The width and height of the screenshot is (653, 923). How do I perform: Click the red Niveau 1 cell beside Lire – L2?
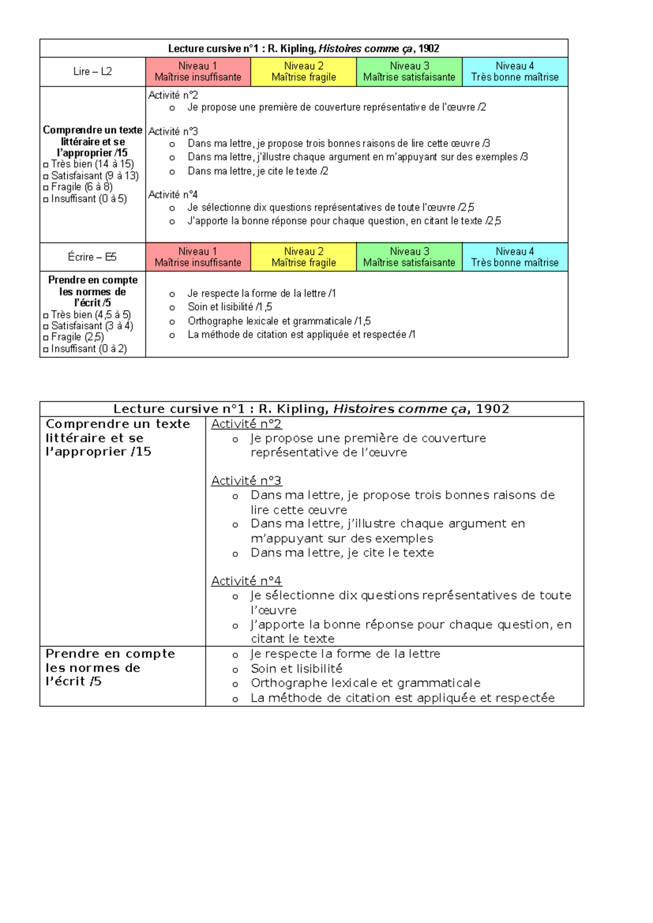pyautogui.click(x=198, y=72)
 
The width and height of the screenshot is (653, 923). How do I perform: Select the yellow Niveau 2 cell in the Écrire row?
pyautogui.click(x=304, y=257)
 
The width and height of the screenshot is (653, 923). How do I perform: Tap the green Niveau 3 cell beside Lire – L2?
pyautogui.click(x=409, y=72)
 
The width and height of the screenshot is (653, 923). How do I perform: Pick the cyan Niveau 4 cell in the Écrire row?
pyautogui.click(x=515, y=257)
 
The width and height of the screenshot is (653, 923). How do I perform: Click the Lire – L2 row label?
pyautogui.click(x=93, y=72)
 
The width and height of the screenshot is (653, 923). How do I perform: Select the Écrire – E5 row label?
pyautogui.click(x=93, y=257)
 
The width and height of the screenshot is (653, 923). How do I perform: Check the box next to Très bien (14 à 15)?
pyautogui.click(x=46, y=165)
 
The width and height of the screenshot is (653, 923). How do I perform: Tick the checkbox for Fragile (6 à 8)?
pyautogui.click(x=46, y=188)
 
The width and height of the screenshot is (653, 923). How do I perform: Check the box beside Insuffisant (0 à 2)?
pyautogui.click(x=46, y=349)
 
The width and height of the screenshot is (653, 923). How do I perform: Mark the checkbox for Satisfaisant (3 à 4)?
pyautogui.click(x=46, y=327)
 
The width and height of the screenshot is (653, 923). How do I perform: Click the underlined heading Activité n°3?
pyautogui.click(x=246, y=481)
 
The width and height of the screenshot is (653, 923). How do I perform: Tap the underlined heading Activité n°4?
pyautogui.click(x=246, y=581)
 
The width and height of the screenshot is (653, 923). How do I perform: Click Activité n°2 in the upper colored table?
pyautogui.click(x=173, y=95)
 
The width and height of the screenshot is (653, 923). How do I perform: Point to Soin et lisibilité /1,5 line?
pyautogui.click(x=230, y=307)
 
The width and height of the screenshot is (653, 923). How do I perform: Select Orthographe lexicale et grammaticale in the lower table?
pyautogui.click(x=365, y=683)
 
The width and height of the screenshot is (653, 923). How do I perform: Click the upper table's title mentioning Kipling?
pyautogui.click(x=304, y=48)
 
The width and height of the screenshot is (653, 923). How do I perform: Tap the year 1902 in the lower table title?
pyautogui.click(x=492, y=409)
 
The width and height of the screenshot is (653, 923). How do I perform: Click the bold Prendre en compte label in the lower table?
pyautogui.click(x=110, y=654)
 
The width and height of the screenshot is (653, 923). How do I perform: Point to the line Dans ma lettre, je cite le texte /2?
pyautogui.click(x=258, y=171)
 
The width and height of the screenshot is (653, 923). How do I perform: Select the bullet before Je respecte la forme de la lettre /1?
pyautogui.click(x=172, y=294)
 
